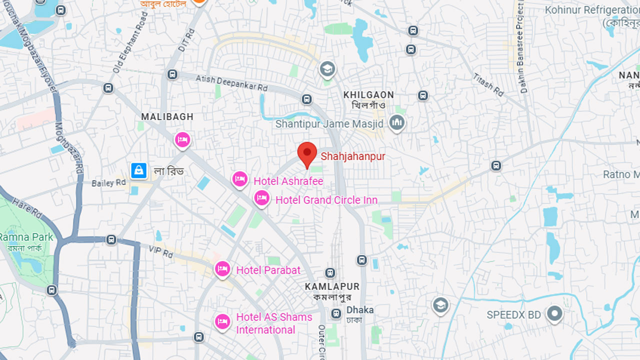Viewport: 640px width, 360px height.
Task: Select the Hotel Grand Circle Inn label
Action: tap(326, 200)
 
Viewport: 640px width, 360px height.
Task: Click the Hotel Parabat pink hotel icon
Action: tap(222, 269)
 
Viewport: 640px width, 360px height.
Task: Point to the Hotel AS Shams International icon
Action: tap(222, 321)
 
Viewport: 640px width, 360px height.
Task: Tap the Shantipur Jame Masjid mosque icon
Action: tap(397, 122)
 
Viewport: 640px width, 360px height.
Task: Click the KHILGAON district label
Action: tap(368, 94)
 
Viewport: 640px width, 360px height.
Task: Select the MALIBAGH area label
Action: tap(167, 116)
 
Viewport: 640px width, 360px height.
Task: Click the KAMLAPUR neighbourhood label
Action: tap(332, 286)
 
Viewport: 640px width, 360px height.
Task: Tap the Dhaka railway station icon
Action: tap(336, 314)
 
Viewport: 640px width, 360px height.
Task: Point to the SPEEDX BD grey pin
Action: tap(554, 314)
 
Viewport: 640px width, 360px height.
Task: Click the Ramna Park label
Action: tap(26, 237)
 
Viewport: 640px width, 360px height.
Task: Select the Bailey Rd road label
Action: tap(108, 183)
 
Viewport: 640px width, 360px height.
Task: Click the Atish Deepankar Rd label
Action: tap(231, 82)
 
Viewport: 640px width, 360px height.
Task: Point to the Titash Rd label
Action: tap(488, 84)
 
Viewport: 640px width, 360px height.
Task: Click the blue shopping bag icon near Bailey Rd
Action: tap(138, 170)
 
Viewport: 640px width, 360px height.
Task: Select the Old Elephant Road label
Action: tap(130, 42)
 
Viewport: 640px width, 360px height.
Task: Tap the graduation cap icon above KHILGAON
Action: tap(327, 69)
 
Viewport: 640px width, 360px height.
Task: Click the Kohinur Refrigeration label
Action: tap(592, 10)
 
